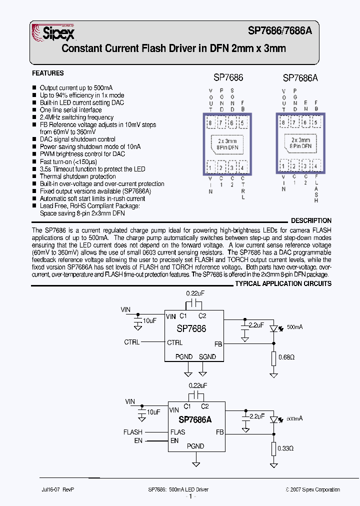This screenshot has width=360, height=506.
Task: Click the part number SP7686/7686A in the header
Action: (x=280, y=30)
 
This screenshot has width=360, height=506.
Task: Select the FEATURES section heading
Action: (x=48, y=73)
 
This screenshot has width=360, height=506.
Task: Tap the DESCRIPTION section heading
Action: (x=311, y=220)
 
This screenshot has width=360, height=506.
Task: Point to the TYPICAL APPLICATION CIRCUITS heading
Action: (x=283, y=283)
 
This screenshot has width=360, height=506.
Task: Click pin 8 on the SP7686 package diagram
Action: (x=210, y=122)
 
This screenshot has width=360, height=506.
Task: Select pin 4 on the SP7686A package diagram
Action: (x=316, y=166)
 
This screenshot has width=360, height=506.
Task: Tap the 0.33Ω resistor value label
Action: (x=286, y=448)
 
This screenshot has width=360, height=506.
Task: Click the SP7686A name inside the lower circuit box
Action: (x=194, y=419)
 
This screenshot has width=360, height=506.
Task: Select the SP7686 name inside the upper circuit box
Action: (x=191, y=329)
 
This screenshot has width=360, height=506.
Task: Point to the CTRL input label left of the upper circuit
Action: (x=132, y=342)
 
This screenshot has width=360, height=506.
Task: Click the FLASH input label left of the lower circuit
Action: (x=133, y=432)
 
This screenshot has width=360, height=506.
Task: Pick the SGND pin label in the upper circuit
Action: (x=207, y=356)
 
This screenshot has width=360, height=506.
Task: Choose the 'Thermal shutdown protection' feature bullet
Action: (x=77, y=176)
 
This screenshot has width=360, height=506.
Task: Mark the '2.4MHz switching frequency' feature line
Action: (x=76, y=117)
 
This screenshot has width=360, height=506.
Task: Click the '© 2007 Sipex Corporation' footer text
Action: (x=312, y=489)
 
